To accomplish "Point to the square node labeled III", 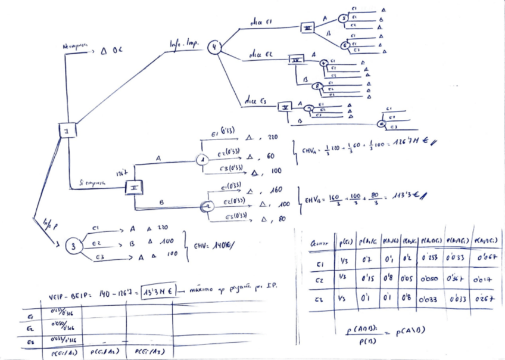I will tap(308, 28).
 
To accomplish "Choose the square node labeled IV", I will tap(297, 60).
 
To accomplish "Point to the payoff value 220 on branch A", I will tap(273, 137).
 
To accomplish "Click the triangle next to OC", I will tap(104, 52).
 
